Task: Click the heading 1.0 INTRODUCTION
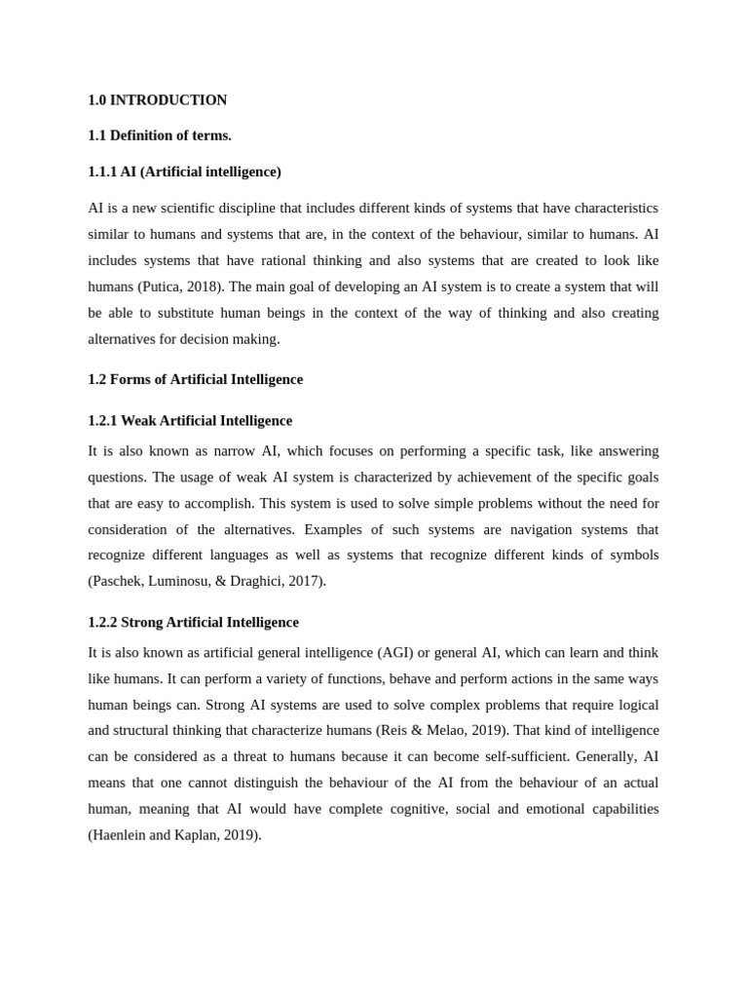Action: point(157,100)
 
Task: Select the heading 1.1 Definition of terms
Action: point(160,135)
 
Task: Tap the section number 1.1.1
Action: point(102,172)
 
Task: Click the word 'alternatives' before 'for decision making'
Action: point(121,339)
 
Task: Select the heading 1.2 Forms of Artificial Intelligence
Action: point(195,379)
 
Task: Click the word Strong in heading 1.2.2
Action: point(142,622)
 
